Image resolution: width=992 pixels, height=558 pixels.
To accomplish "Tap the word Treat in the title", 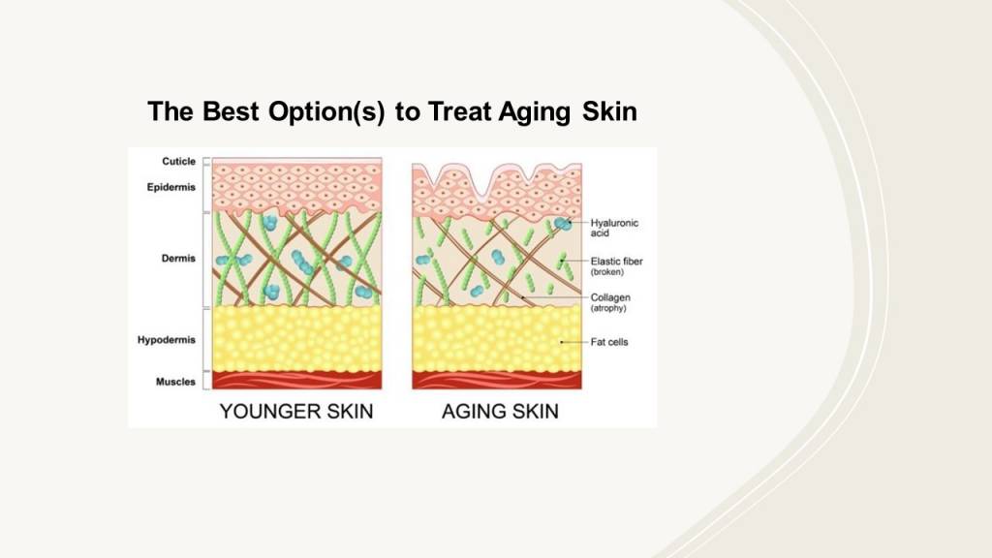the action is coord(460,111).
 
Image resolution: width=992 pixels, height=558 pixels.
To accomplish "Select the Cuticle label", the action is coord(178,162).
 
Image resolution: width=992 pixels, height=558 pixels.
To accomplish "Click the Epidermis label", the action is coord(170,187).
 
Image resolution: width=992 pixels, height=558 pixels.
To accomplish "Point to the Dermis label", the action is coord(178,258).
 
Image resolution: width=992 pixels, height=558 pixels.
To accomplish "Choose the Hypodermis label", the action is coord(167,340).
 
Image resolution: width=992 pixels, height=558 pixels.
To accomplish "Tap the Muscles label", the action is coord(175,382).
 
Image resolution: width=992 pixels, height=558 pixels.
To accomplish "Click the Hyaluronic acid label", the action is coord(614,228).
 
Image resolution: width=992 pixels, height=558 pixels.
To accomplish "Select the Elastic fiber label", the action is coord(616,261).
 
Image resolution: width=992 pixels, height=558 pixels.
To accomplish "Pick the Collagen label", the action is coord(610,297).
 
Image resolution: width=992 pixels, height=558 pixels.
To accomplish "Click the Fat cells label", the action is coord(609,342).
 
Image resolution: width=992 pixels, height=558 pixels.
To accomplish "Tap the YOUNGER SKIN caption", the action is coord(296,411).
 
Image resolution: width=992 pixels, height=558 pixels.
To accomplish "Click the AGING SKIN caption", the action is coord(500,411).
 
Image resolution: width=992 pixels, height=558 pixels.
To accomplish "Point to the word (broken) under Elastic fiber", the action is coord(606,272).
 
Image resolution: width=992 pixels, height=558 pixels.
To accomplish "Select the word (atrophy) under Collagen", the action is coord(608,308).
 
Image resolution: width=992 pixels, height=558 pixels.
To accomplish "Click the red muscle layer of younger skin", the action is coord(296,380).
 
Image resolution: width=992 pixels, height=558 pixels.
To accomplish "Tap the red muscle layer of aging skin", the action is coord(497,380).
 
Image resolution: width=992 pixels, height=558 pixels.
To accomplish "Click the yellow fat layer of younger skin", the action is coord(296,339).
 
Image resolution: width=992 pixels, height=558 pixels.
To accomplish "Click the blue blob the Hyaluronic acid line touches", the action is coord(562,224).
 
